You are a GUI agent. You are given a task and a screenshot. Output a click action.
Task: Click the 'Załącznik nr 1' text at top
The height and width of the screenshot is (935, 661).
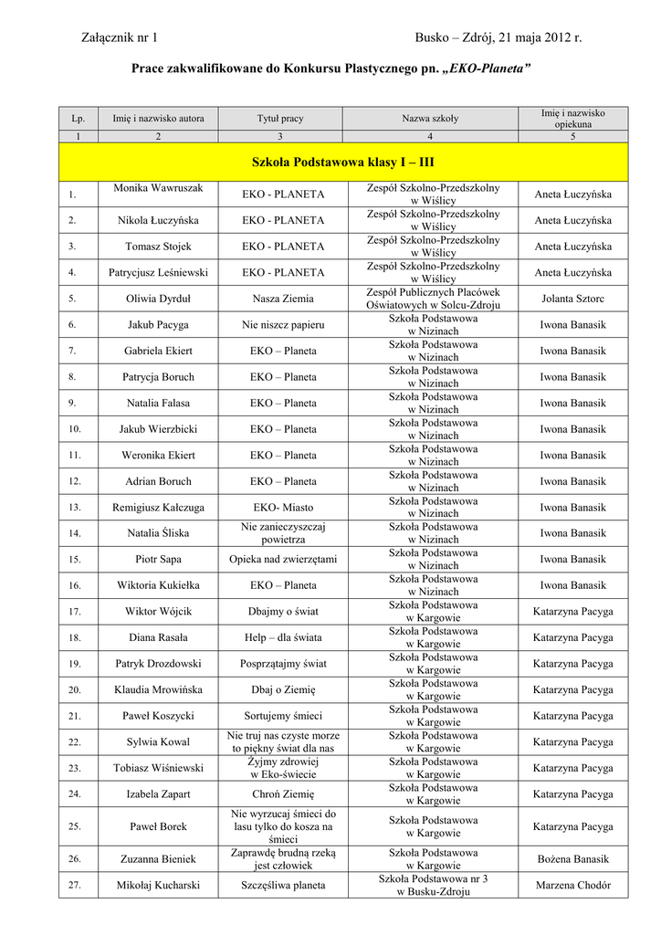pyautogui.click(x=120, y=37)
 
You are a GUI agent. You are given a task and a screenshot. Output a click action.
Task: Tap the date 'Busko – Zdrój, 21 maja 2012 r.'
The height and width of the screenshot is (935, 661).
pyautogui.click(x=498, y=37)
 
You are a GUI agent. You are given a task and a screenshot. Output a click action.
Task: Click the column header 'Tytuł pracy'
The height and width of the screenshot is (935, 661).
pyautogui.click(x=280, y=119)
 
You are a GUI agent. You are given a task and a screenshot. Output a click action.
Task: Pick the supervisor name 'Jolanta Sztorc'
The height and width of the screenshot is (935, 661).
pyautogui.click(x=572, y=299)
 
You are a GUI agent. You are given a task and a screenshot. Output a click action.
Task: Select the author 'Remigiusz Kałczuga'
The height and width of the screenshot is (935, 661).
pyautogui.click(x=158, y=507)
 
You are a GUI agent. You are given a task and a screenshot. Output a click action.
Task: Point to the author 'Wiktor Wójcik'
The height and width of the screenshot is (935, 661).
pyautogui.click(x=158, y=611)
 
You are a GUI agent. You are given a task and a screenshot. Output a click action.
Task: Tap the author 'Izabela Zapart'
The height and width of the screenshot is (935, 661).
pyautogui.click(x=158, y=794)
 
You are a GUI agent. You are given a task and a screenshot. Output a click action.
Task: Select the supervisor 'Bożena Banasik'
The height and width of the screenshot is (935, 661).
pyautogui.click(x=572, y=859)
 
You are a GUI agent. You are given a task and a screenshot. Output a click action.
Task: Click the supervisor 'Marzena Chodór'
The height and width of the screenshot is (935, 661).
pyautogui.click(x=572, y=885)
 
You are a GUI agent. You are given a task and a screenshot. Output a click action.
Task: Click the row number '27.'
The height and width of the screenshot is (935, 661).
pyautogui.click(x=75, y=885)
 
